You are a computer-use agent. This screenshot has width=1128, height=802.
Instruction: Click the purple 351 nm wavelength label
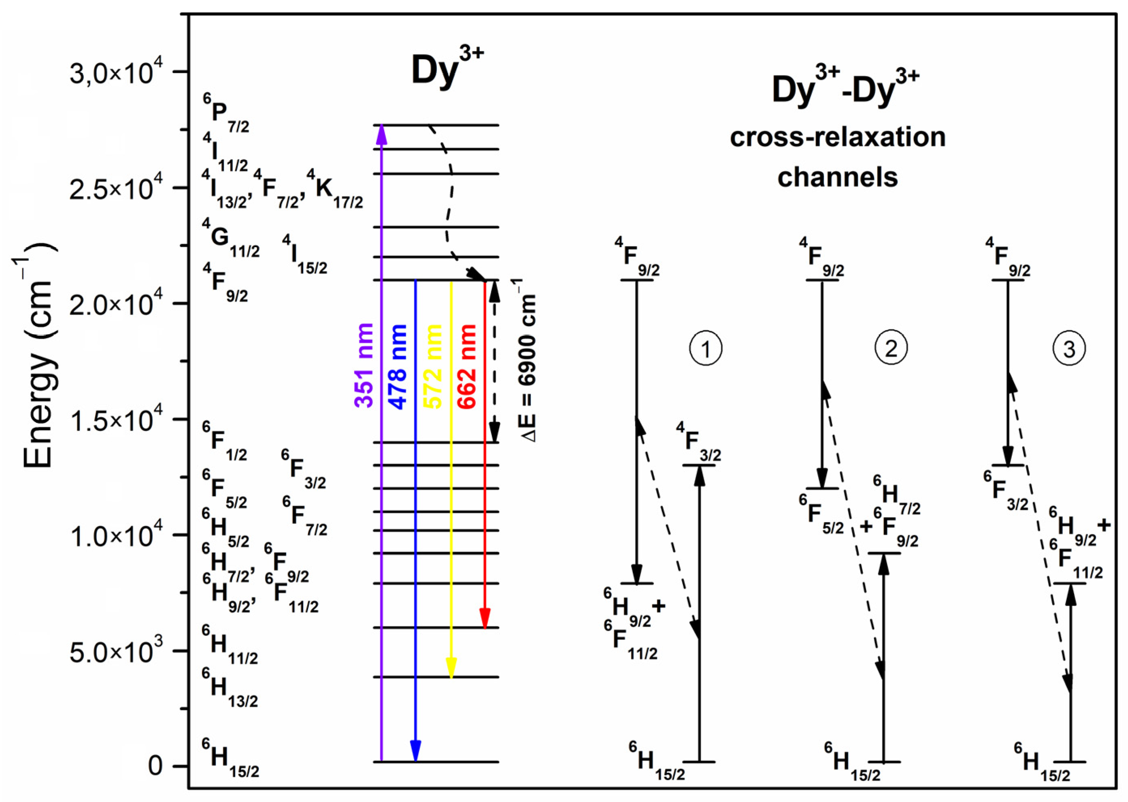(x=364, y=365)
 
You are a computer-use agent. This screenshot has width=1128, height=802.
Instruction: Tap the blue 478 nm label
(x=398, y=367)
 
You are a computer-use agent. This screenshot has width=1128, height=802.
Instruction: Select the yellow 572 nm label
(x=432, y=367)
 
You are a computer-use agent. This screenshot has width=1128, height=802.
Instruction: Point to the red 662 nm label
(x=466, y=367)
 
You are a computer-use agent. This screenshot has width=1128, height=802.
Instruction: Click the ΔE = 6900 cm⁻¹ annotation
(x=528, y=360)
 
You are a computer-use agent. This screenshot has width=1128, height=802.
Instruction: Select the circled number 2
(x=891, y=348)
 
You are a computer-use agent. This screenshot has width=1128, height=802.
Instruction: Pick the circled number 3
(x=1069, y=349)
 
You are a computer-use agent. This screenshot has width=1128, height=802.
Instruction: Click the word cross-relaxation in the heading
(x=837, y=137)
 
